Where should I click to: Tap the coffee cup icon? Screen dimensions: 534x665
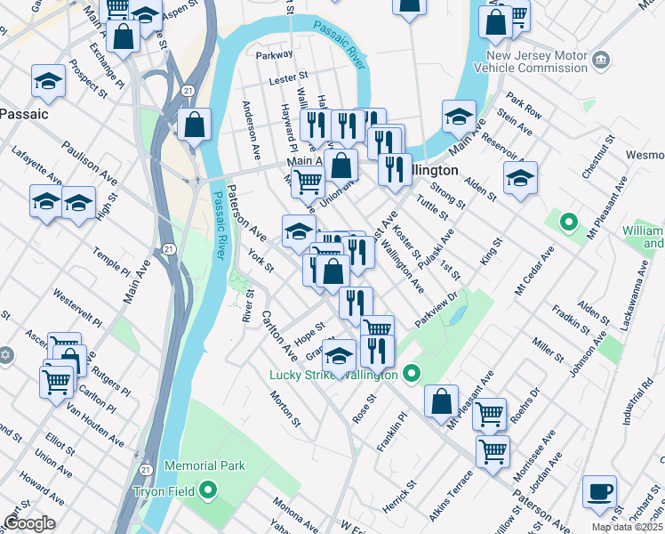[599, 491]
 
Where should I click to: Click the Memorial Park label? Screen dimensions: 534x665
[204, 465]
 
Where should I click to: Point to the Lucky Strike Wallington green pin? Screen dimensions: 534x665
[411, 373]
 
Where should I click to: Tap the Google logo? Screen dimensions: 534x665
[28, 523]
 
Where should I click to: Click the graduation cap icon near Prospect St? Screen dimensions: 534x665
[48, 81]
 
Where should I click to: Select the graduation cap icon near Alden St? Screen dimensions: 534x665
[520, 177]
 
